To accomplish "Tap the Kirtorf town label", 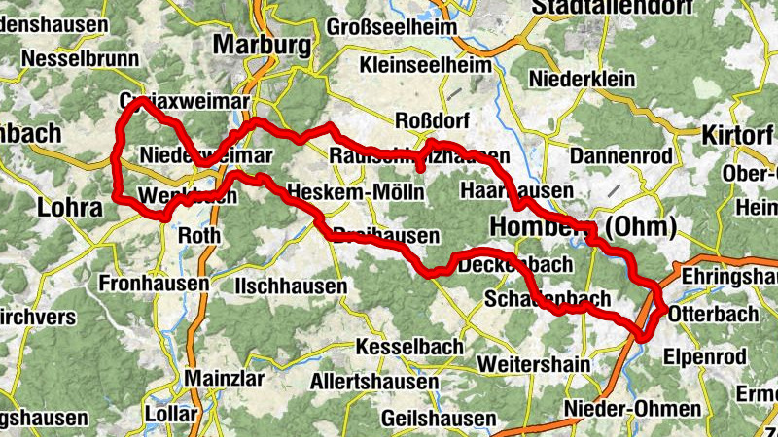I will pos(737,134).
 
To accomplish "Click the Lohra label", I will pos(69,208).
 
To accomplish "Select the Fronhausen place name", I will pos(154,284).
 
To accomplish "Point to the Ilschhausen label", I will pos(291,286).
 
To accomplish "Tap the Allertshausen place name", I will pos(374,382).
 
